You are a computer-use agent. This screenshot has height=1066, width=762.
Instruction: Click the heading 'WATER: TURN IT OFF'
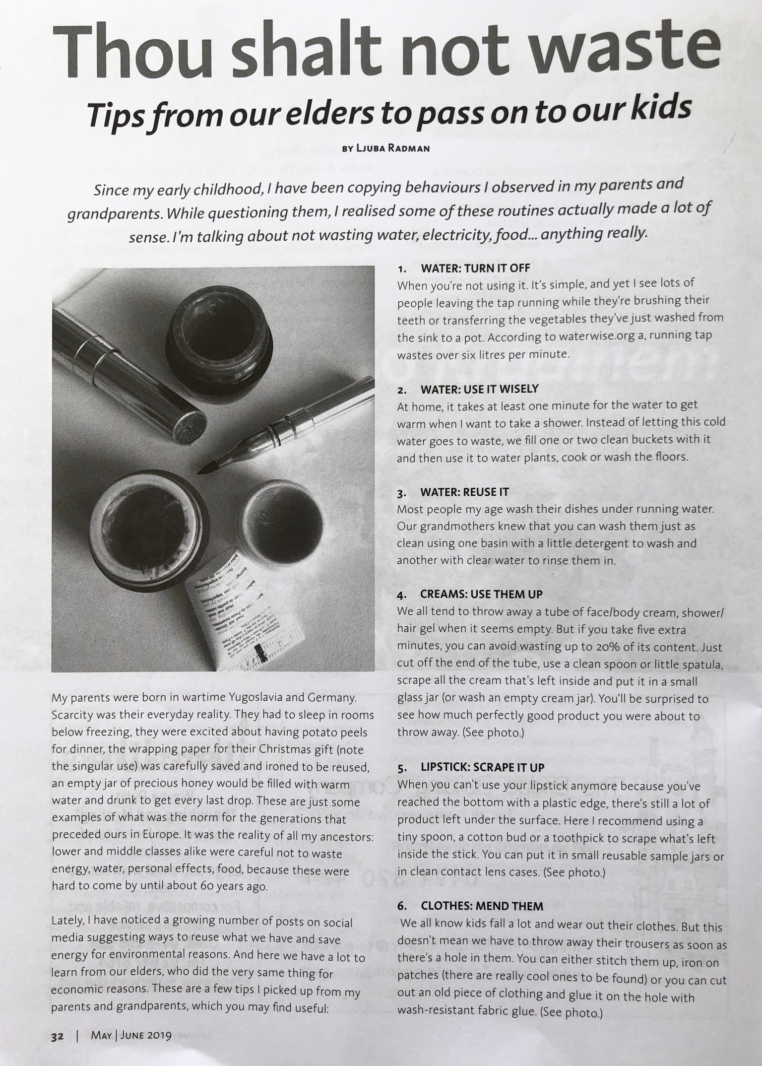click(x=475, y=268)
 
